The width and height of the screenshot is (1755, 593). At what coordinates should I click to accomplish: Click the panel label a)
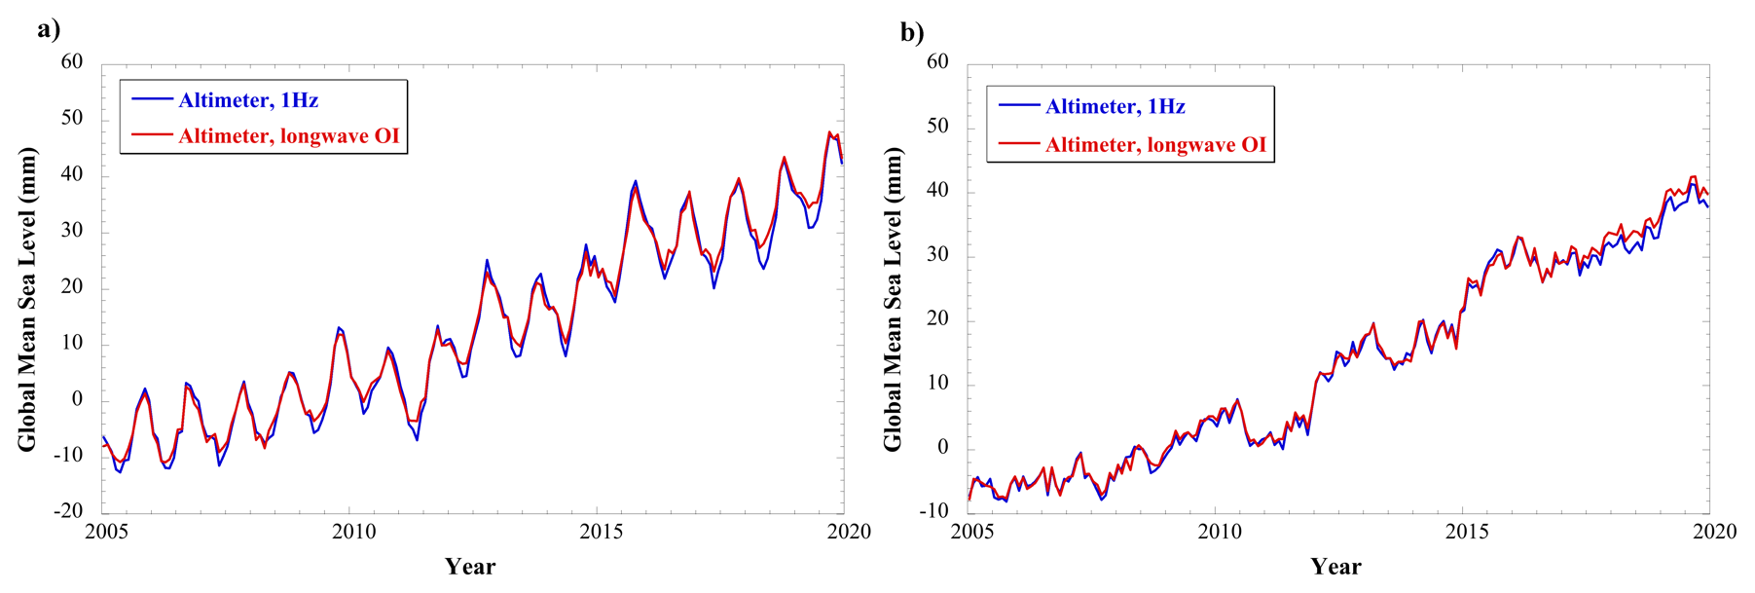[x=49, y=29]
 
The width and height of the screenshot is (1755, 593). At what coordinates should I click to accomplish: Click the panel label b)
[x=912, y=33]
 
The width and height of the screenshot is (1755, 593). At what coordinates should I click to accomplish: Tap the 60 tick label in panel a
[x=72, y=61]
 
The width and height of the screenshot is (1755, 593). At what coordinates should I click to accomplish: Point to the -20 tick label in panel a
[x=67, y=510]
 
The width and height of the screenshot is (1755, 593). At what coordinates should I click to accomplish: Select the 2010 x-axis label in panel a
[x=353, y=532]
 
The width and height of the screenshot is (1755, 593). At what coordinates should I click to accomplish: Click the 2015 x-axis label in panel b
[x=1467, y=532]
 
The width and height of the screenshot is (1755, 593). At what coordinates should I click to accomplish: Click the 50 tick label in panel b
[x=937, y=126]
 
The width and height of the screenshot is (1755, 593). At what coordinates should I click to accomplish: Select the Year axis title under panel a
[x=470, y=567]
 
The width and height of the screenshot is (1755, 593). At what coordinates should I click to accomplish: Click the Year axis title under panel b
[x=1335, y=567]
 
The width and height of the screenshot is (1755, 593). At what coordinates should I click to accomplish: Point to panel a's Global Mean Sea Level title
[x=27, y=299]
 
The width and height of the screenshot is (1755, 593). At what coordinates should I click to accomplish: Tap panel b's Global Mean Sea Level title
[x=893, y=299]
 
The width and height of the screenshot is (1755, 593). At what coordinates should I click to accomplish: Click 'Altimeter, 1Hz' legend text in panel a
[x=248, y=100]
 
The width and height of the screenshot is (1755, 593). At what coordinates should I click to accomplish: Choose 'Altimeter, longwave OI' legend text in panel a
[x=289, y=136]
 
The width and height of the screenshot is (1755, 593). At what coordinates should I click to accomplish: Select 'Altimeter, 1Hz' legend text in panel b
[x=1115, y=107]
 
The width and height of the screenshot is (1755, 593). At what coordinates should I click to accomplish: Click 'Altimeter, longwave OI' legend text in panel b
[x=1156, y=145]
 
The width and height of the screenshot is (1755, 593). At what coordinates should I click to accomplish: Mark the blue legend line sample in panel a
[x=152, y=99]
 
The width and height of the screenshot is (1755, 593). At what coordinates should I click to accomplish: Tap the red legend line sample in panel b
[x=1019, y=144]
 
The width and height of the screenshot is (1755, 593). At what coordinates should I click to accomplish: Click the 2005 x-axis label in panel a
[x=107, y=532]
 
